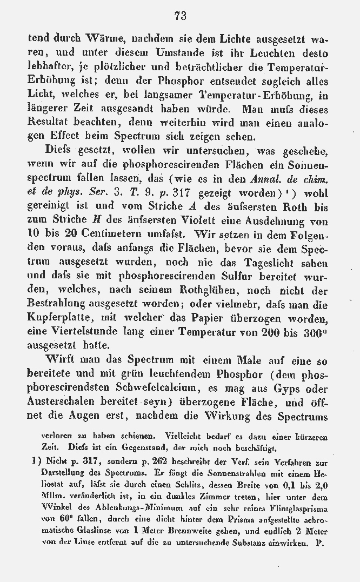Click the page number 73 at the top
click(181, 16)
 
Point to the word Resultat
click(51, 123)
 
